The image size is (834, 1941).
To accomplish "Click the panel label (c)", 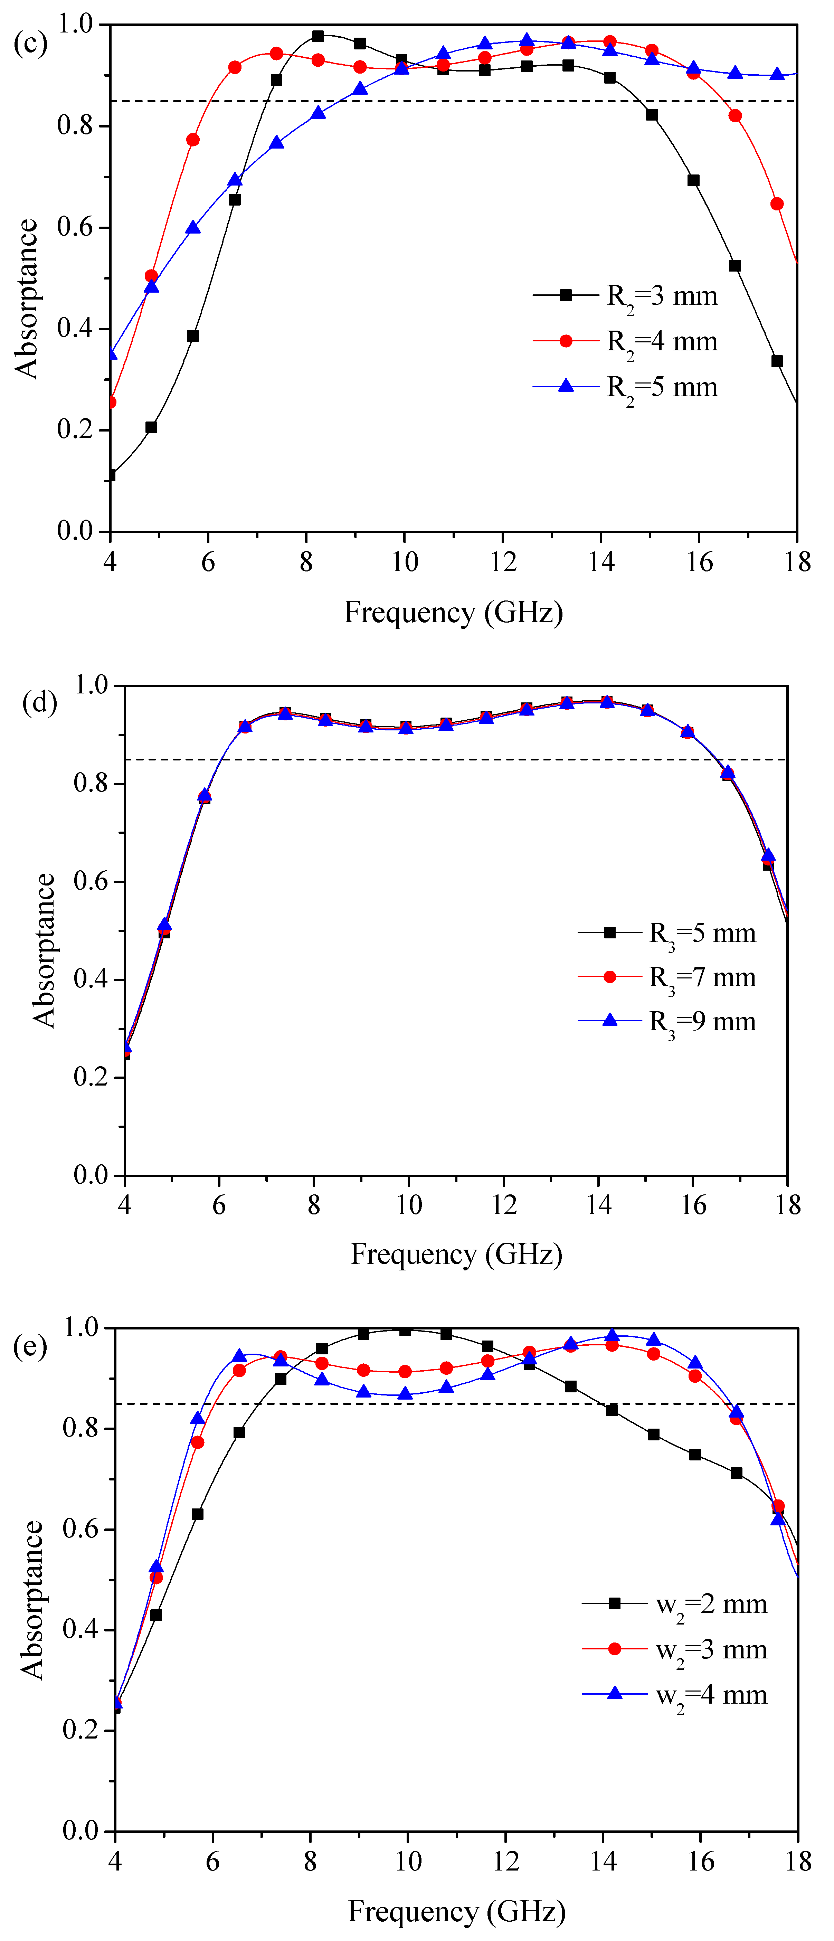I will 30,43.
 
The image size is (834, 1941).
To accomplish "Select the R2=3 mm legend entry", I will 625,296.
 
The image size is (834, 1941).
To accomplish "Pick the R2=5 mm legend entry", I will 625,387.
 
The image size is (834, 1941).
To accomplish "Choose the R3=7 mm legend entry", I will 667,977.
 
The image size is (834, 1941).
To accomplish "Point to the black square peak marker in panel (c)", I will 318,36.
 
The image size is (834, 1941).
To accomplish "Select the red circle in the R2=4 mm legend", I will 566,341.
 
